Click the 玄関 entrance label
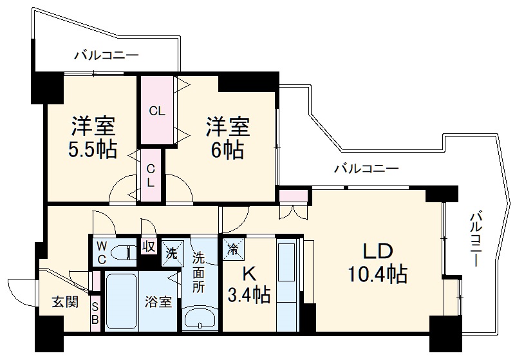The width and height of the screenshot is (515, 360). [66, 301]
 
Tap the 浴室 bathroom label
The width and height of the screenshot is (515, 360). [158, 301]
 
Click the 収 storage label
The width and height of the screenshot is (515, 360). [148, 247]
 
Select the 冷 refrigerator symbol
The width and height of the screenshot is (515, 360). [232, 247]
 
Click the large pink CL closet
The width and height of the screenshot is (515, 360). [157, 110]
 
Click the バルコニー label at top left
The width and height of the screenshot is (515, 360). [106, 55]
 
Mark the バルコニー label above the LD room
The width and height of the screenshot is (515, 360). [366, 169]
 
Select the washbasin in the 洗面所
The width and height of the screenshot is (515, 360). [199, 317]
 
